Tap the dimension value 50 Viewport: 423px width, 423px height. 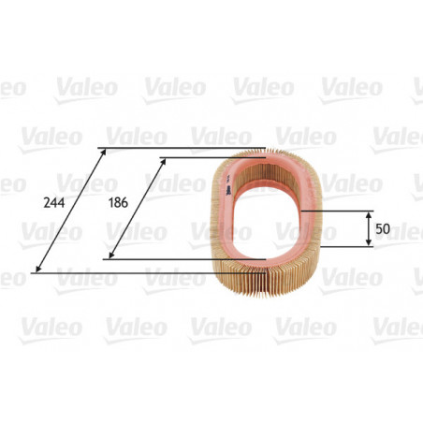point(384,228)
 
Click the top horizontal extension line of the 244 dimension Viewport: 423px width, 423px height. point(187,147)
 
